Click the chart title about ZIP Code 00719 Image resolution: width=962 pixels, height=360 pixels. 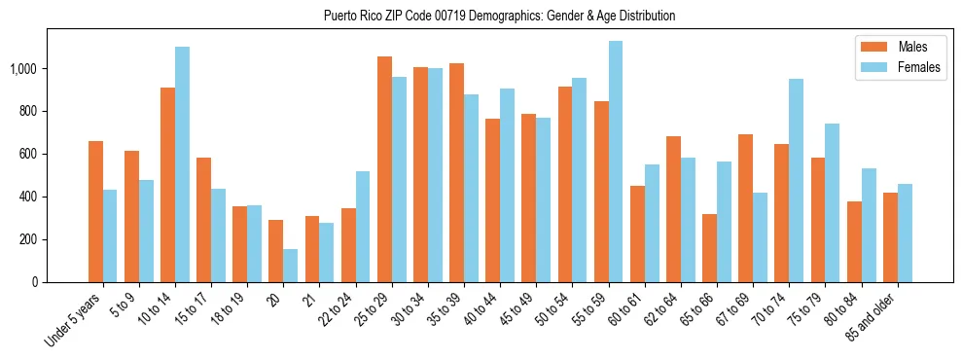499,17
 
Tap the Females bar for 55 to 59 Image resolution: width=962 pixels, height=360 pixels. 615,162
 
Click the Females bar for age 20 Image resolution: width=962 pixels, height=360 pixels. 290,266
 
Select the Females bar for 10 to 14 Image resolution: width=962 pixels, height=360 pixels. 182,164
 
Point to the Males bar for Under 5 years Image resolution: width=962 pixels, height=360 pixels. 95,211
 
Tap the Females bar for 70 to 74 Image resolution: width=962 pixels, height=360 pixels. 796,180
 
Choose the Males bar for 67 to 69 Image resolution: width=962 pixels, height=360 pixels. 745,208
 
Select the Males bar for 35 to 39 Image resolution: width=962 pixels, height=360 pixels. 456,172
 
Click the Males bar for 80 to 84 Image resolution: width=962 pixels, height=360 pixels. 854,241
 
